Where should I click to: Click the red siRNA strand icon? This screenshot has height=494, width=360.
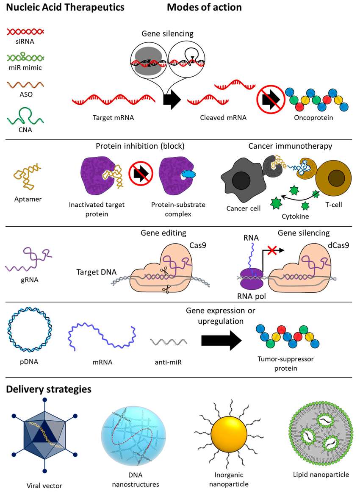click(x=26, y=31)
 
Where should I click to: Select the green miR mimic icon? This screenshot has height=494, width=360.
click(x=26, y=57)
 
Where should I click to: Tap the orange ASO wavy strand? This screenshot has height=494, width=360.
click(x=26, y=83)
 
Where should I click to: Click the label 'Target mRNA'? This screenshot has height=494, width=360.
click(x=113, y=117)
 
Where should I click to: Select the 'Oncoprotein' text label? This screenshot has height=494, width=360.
click(x=313, y=117)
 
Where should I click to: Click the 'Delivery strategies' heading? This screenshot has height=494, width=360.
click(x=48, y=389)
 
